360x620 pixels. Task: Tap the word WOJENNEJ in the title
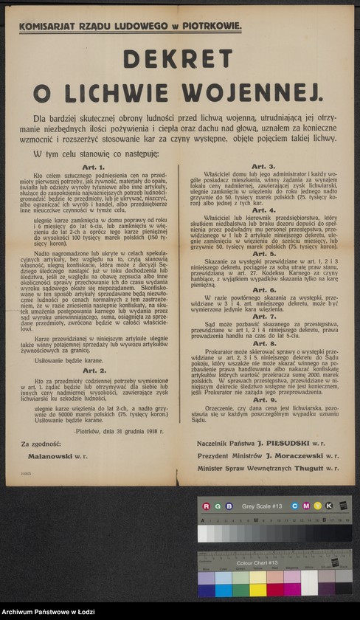pos(266,92)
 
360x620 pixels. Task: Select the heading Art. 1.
pos(94,168)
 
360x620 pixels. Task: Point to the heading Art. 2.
pos(94,370)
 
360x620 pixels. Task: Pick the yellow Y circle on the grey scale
pos(318,506)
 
